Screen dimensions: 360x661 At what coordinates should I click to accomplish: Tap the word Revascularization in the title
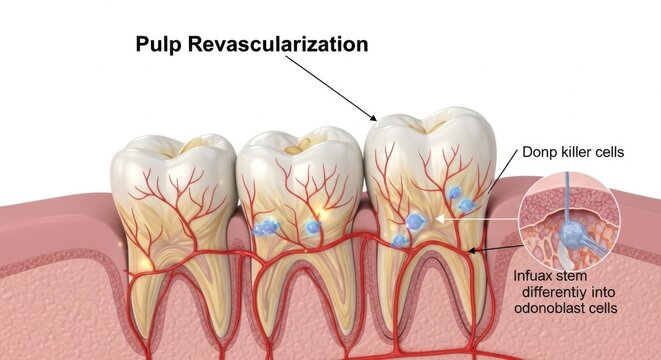pos(279,45)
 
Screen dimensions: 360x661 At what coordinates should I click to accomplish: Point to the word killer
pos(581,152)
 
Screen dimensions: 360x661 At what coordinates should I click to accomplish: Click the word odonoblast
pos(548,308)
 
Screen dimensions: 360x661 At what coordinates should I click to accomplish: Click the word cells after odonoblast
pos(603,308)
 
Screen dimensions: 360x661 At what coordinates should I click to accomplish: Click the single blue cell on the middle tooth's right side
pos(312,228)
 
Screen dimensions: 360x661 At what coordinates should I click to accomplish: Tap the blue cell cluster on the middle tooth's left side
pos(263,228)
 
